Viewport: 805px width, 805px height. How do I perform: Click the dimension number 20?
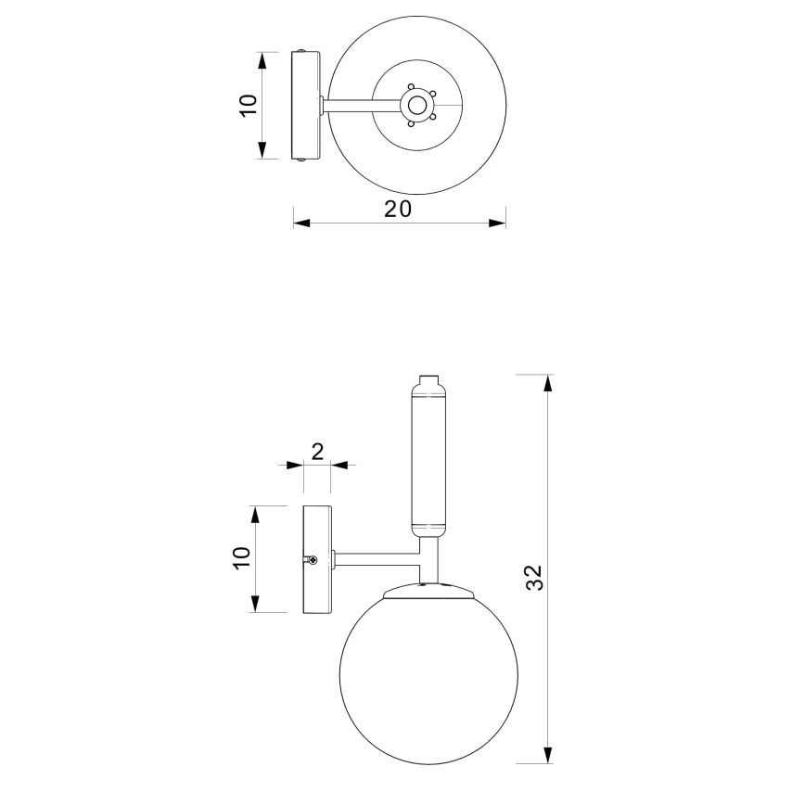click(x=398, y=209)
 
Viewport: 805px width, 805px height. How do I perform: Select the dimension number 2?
click(x=317, y=452)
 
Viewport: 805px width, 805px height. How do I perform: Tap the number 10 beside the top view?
click(x=248, y=105)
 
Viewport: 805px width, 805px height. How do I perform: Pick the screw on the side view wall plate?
click(x=314, y=559)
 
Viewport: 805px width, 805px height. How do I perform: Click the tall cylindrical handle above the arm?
click(x=428, y=459)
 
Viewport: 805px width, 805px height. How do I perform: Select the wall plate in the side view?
click(x=317, y=559)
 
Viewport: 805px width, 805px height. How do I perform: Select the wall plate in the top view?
click(x=305, y=105)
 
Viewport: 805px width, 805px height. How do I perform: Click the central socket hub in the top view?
click(x=418, y=105)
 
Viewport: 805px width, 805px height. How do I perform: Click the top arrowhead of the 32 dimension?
click(x=548, y=382)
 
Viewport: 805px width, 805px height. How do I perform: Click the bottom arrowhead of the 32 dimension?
click(x=548, y=755)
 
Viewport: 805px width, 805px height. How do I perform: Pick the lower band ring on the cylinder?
click(x=428, y=528)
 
